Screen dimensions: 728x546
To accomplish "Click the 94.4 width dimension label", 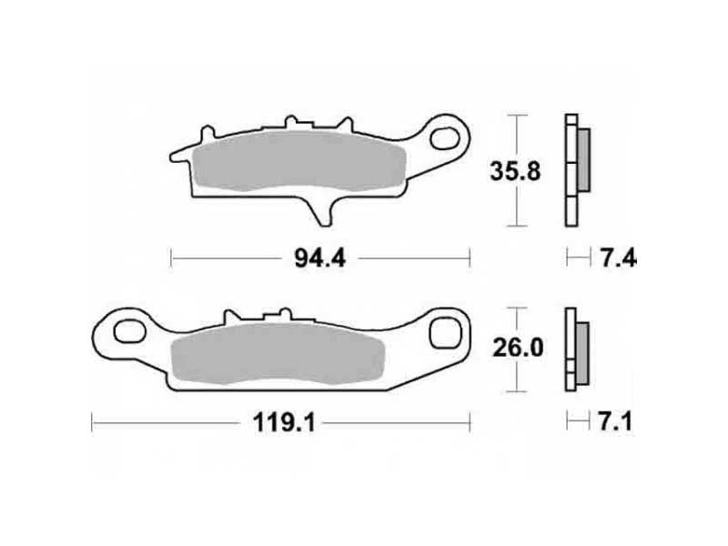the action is (320, 258).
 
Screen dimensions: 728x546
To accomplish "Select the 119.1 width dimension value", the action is (284, 423).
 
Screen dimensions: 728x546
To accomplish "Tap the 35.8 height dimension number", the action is (515, 171).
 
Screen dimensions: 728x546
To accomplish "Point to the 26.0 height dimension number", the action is (518, 348).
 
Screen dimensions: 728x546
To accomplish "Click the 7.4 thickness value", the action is (619, 258).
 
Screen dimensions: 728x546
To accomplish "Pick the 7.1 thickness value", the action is (615, 422).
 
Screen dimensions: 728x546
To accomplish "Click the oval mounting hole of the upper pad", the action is (445, 138).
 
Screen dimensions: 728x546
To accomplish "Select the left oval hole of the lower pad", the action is (129, 331).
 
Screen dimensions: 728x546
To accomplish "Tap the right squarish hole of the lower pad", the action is (446, 332).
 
